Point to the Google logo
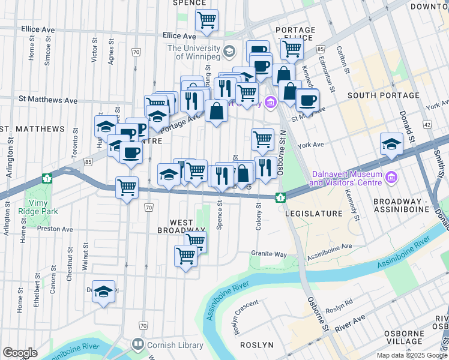pos(19,352)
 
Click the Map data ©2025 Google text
pos(411,355)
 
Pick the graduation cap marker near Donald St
pos(391,144)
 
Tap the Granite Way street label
pos(269,254)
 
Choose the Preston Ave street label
pos(55,229)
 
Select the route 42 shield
pos(427,124)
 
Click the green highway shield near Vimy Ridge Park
pos(47,178)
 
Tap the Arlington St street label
pos(10,157)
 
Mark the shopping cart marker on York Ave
pos(262,139)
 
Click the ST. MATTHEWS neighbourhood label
pos(32,129)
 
